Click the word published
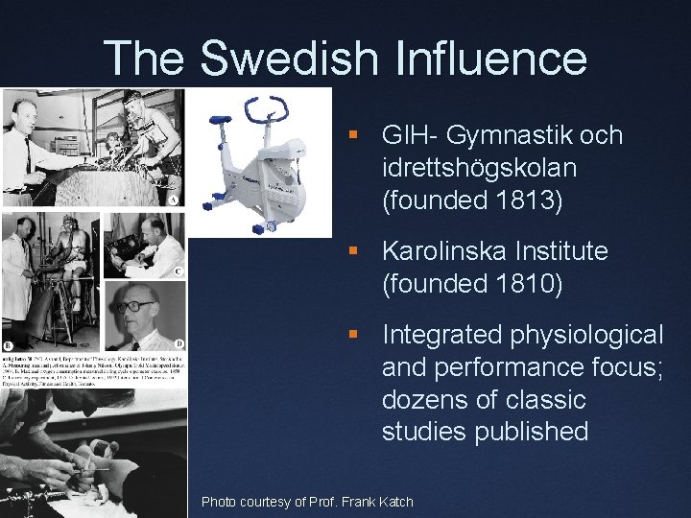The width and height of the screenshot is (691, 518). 533,432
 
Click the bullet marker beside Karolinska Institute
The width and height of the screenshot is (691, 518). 354,252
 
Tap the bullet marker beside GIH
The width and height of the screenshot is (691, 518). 354,136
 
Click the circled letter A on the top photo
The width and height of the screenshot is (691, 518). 173,200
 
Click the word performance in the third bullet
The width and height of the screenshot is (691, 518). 544,367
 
